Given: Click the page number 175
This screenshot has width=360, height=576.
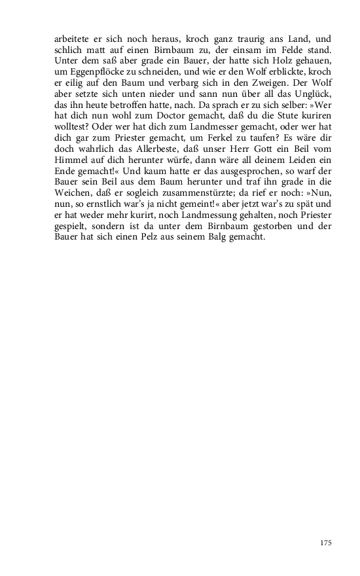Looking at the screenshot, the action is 327,543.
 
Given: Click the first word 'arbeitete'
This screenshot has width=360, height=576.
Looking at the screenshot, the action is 71,39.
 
